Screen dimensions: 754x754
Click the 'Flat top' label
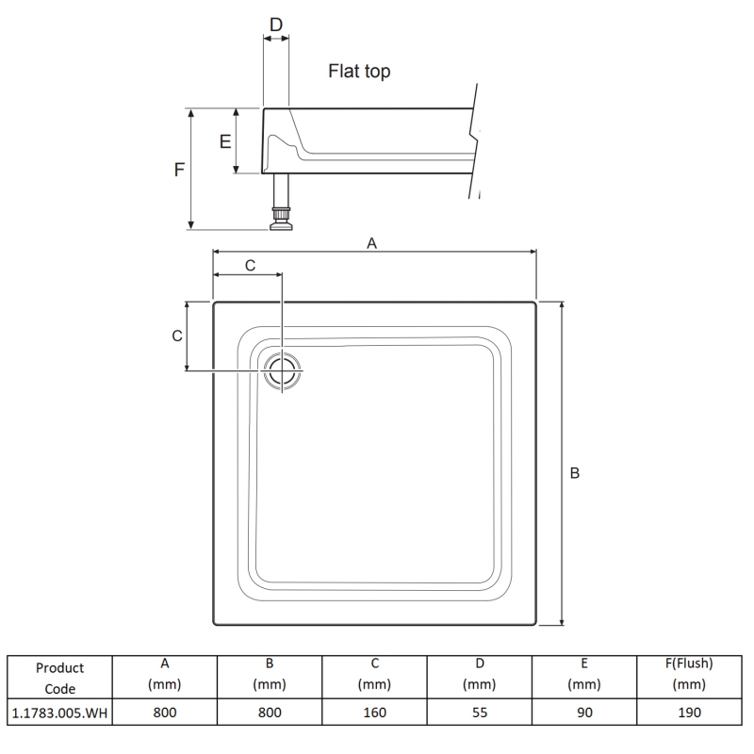(x=359, y=72)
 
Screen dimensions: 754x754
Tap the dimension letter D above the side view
(x=276, y=25)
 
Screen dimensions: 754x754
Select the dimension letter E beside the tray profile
(x=225, y=141)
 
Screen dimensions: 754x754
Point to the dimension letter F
(x=179, y=170)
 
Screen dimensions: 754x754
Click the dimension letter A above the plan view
(x=371, y=243)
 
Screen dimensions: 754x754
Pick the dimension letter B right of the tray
(x=575, y=473)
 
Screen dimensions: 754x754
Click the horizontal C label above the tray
(x=250, y=266)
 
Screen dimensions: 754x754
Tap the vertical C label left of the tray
(x=177, y=336)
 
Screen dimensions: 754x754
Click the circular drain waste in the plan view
(x=282, y=370)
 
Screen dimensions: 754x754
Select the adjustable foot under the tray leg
(x=281, y=219)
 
